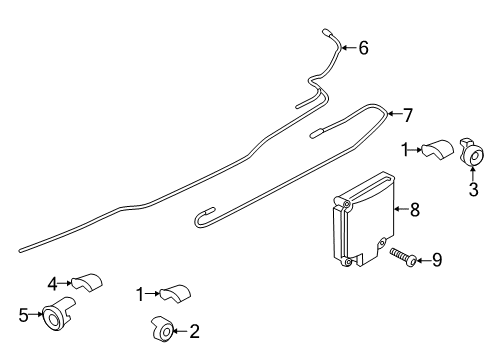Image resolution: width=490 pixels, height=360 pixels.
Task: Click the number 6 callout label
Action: click(x=363, y=47)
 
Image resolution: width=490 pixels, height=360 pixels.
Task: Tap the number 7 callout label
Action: click(x=406, y=117)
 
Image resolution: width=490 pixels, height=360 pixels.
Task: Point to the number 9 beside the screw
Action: click(x=436, y=261)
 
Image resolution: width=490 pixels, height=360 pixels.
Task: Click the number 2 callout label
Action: click(x=194, y=329)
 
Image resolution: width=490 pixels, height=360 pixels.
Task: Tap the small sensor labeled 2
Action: click(x=162, y=328)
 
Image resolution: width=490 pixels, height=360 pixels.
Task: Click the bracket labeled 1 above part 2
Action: click(x=176, y=295)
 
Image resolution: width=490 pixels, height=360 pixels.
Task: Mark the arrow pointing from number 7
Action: click(x=393, y=115)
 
